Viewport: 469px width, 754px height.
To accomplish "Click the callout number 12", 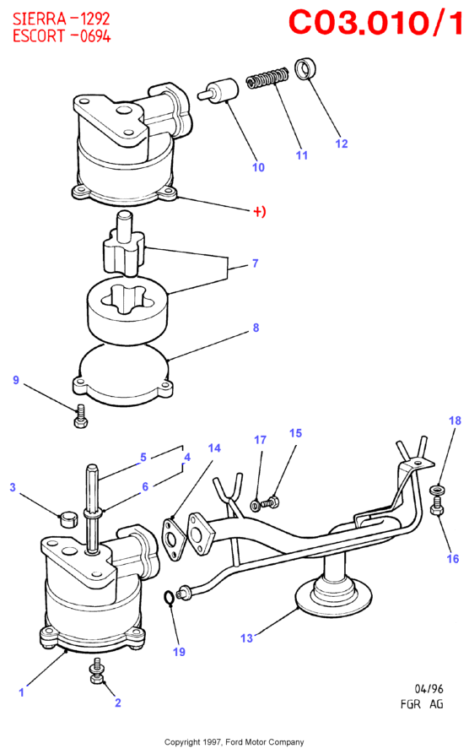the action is coord(341,144).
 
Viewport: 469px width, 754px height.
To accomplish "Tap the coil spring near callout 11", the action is coord(267,79).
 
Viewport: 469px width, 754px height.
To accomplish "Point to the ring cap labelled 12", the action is coord(305,69).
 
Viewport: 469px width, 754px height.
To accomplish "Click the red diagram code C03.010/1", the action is coord(375,22).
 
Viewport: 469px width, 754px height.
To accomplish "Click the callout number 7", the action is coord(255,263).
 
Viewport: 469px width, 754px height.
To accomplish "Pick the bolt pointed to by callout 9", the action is coord(80,416).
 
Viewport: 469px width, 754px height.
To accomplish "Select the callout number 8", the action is coord(256,328).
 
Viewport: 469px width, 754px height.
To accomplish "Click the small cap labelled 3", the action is coord(68,519).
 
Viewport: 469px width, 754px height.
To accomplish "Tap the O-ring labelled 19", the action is coord(169,597).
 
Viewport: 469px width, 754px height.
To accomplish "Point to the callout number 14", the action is coord(214,448).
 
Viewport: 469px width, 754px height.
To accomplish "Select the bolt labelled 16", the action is coord(437,507).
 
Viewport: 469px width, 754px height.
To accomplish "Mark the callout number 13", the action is coord(246,638).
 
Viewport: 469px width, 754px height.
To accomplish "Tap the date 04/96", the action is coord(429,689).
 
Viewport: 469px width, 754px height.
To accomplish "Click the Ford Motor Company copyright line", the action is coord(234,742).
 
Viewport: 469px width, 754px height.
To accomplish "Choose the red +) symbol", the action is coord(260,211).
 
